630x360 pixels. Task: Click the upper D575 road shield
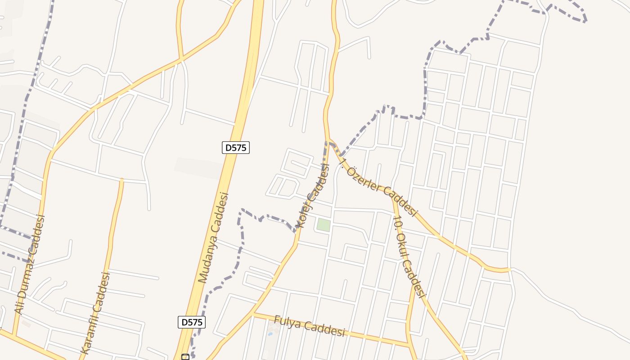[x=236, y=147]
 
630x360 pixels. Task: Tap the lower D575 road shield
[x=192, y=322]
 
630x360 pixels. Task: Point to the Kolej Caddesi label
[x=313, y=195]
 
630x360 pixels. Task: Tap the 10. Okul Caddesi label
[x=409, y=256]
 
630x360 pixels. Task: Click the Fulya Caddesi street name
[x=310, y=326]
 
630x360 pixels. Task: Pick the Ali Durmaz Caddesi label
[x=30, y=265]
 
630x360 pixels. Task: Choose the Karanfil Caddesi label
[x=95, y=312]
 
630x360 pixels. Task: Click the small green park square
[x=323, y=225]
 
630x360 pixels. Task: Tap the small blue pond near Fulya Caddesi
[x=270, y=334]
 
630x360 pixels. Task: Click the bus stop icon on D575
[x=185, y=357]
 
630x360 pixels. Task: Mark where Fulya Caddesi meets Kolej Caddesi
[x=253, y=314]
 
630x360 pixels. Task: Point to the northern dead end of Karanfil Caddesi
[x=121, y=180]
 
